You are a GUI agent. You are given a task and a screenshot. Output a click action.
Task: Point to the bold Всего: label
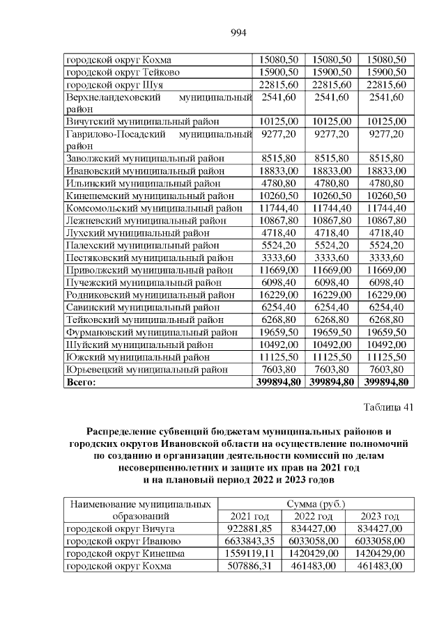(80, 381)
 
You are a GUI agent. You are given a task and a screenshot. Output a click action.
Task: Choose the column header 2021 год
(249, 516)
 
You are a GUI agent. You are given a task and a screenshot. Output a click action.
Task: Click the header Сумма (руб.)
(316, 503)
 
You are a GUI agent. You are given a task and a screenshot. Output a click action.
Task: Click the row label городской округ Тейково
(121, 72)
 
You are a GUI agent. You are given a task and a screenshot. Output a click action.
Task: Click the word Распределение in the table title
(123, 432)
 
